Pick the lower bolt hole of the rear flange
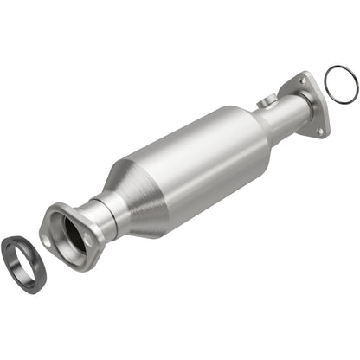[x=321, y=131]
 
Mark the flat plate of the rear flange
[x=312, y=104]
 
